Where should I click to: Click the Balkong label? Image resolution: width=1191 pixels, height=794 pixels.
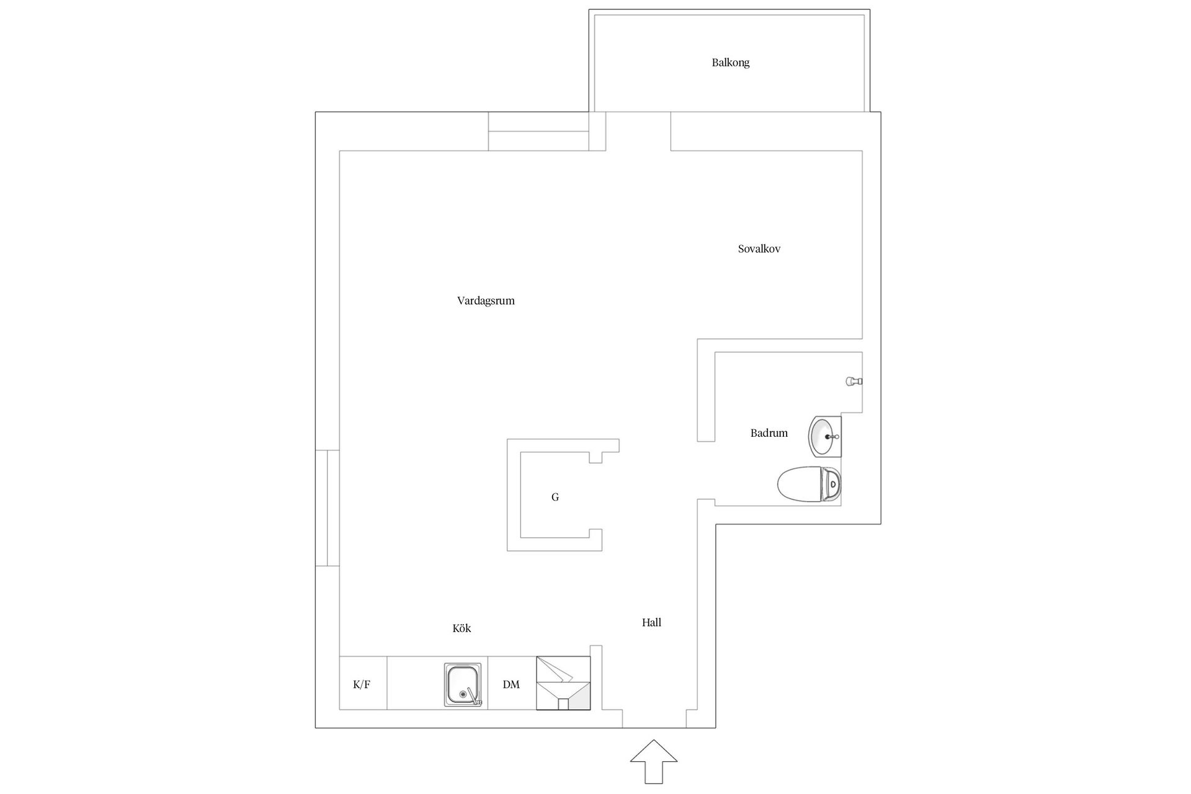coord(730,63)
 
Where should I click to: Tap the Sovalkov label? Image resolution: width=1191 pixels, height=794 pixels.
coord(759,249)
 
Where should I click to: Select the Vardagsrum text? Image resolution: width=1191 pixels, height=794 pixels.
coord(486,301)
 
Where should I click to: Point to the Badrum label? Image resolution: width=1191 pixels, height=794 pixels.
coord(769,433)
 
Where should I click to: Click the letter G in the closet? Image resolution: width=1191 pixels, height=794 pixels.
coord(555,497)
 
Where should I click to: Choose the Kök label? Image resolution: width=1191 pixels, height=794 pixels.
coord(462,628)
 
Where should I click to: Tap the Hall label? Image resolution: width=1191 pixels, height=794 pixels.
coord(651,623)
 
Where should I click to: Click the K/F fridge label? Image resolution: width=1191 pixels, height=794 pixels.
coord(362,685)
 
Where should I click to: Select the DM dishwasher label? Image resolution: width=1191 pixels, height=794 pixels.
coord(511,685)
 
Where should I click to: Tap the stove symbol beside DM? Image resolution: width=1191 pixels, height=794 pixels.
coord(563,683)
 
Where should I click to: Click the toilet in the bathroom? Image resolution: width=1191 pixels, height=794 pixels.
coord(809,484)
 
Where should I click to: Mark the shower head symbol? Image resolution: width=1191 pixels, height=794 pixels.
coord(854,381)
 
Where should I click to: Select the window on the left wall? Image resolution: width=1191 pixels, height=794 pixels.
coord(328,508)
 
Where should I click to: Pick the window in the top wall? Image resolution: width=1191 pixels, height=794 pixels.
coord(538,132)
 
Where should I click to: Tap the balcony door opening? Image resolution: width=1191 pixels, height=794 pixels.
coord(638,131)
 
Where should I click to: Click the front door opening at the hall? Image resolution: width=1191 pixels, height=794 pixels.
coord(654,718)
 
